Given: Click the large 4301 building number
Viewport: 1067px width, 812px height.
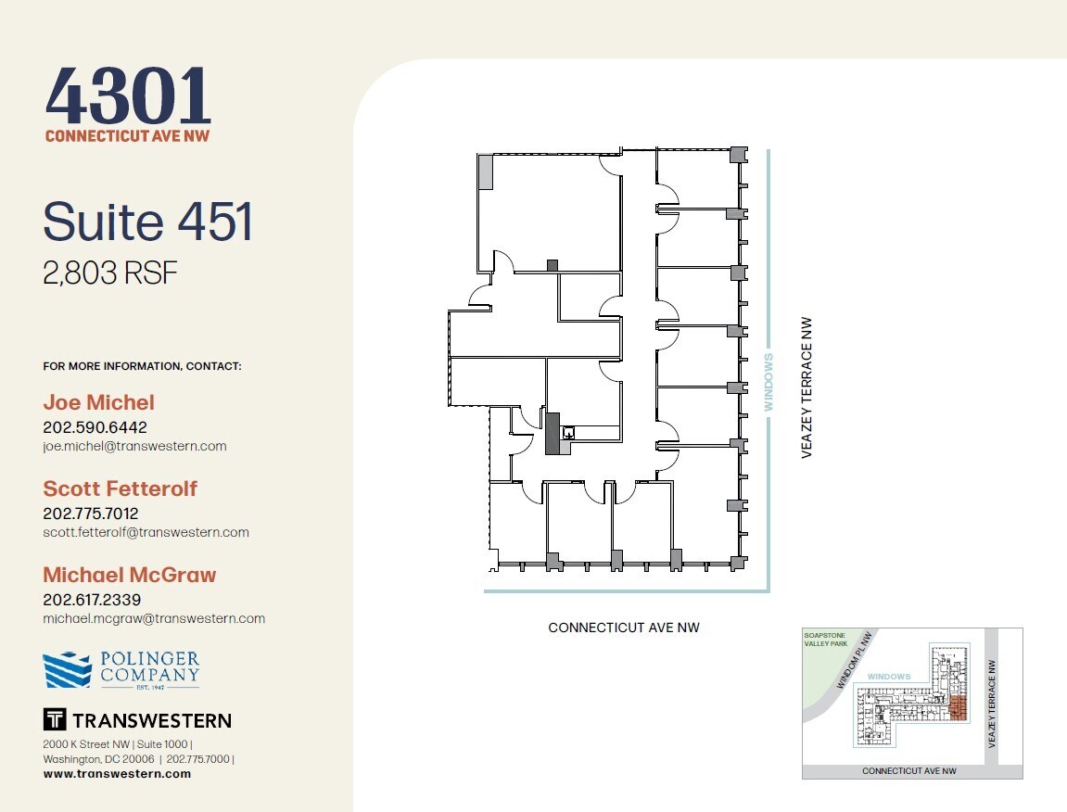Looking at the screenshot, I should (x=128, y=96).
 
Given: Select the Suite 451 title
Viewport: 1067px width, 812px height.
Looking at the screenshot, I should (x=147, y=222).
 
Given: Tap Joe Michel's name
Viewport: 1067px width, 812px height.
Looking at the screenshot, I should (x=98, y=402).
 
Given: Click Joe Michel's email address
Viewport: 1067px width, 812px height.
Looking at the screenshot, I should (x=134, y=446).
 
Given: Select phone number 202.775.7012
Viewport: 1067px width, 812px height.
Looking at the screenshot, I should (x=91, y=513).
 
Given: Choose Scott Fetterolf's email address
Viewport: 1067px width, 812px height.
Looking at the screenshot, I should (x=146, y=532).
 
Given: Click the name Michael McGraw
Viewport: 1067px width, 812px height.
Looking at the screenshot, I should (x=129, y=575).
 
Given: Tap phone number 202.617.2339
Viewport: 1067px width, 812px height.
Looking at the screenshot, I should (x=92, y=600).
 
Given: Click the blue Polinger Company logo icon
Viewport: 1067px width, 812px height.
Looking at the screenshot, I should (x=67, y=670).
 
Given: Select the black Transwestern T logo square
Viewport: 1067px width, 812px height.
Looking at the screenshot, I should (x=55, y=719).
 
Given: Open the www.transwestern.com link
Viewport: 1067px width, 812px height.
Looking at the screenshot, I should (x=117, y=774).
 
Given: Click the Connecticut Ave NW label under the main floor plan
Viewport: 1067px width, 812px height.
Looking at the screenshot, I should (x=624, y=628).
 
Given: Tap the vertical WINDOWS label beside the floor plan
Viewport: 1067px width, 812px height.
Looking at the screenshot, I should (x=768, y=381).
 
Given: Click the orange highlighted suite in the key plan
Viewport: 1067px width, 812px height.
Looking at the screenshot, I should (x=959, y=709).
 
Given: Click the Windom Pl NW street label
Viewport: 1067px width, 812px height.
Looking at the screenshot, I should (x=855, y=660).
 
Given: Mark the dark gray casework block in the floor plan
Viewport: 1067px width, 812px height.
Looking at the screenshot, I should (x=553, y=435).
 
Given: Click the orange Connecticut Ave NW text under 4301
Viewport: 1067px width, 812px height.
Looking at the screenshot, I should (x=128, y=136).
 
